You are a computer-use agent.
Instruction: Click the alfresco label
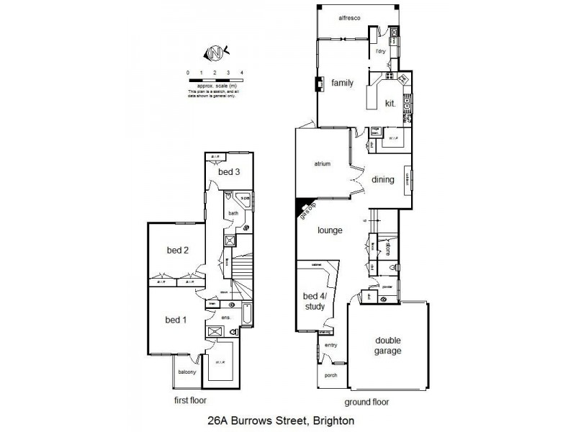pos(348,17)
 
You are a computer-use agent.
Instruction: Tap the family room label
pos(342,83)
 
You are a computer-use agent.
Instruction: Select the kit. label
pos(390,103)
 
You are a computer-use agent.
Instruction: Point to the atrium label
pos(322,164)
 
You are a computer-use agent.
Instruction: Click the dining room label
pos(382,179)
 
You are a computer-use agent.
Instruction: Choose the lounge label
pos(329,230)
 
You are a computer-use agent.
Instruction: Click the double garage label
pos(387,346)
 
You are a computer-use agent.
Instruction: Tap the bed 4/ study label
pos(314,301)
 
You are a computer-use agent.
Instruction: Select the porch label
pos(330,375)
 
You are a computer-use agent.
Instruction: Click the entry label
pos(330,345)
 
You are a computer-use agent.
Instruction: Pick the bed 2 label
pos(177,251)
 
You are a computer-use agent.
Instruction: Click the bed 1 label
pos(176,320)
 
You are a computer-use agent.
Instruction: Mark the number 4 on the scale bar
pos(242,73)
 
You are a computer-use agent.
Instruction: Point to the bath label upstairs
pos(233,213)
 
